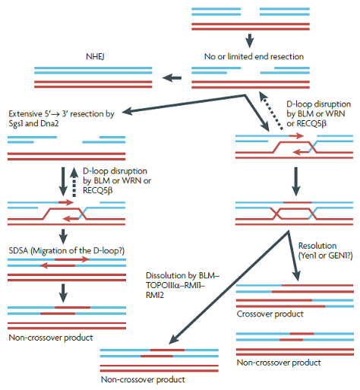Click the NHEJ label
coord(95,56)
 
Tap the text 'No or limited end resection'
coord(254,56)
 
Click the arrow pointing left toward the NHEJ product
coord(172,78)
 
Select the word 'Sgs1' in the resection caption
coord(16,123)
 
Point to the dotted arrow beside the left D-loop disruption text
coord(74,182)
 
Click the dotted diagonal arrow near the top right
coord(271,111)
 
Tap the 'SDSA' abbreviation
coord(18,251)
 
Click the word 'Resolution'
coord(317,246)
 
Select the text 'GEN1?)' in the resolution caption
coord(340,255)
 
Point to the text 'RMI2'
coord(155,295)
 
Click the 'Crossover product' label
coord(270,314)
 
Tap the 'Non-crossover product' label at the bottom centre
coord(143,379)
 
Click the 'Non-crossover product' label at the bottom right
coord(279,363)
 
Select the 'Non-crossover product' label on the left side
coord(51,338)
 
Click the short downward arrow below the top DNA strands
coord(250,40)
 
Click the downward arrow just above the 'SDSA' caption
coord(63,236)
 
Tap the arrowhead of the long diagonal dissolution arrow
coord(174,339)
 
